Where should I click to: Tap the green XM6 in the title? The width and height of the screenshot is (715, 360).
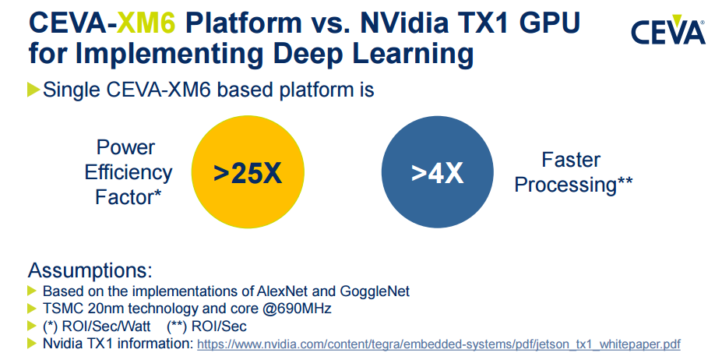[160, 22]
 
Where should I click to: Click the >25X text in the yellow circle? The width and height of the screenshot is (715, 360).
[247, 174]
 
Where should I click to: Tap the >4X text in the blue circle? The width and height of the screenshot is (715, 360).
[437, 174]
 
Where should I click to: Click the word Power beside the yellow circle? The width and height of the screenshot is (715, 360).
[125, 147]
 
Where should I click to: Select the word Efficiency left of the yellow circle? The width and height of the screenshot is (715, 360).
[129, 172]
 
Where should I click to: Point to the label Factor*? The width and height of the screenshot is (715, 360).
[129, 197]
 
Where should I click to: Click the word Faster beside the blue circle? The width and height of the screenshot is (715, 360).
[571, 160]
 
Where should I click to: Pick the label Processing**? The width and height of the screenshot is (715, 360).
[573, 185]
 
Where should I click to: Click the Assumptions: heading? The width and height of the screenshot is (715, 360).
[90, 272]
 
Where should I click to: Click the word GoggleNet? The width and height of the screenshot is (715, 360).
[375, 291]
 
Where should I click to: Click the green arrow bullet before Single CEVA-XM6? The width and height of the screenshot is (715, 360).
[33, 90]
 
